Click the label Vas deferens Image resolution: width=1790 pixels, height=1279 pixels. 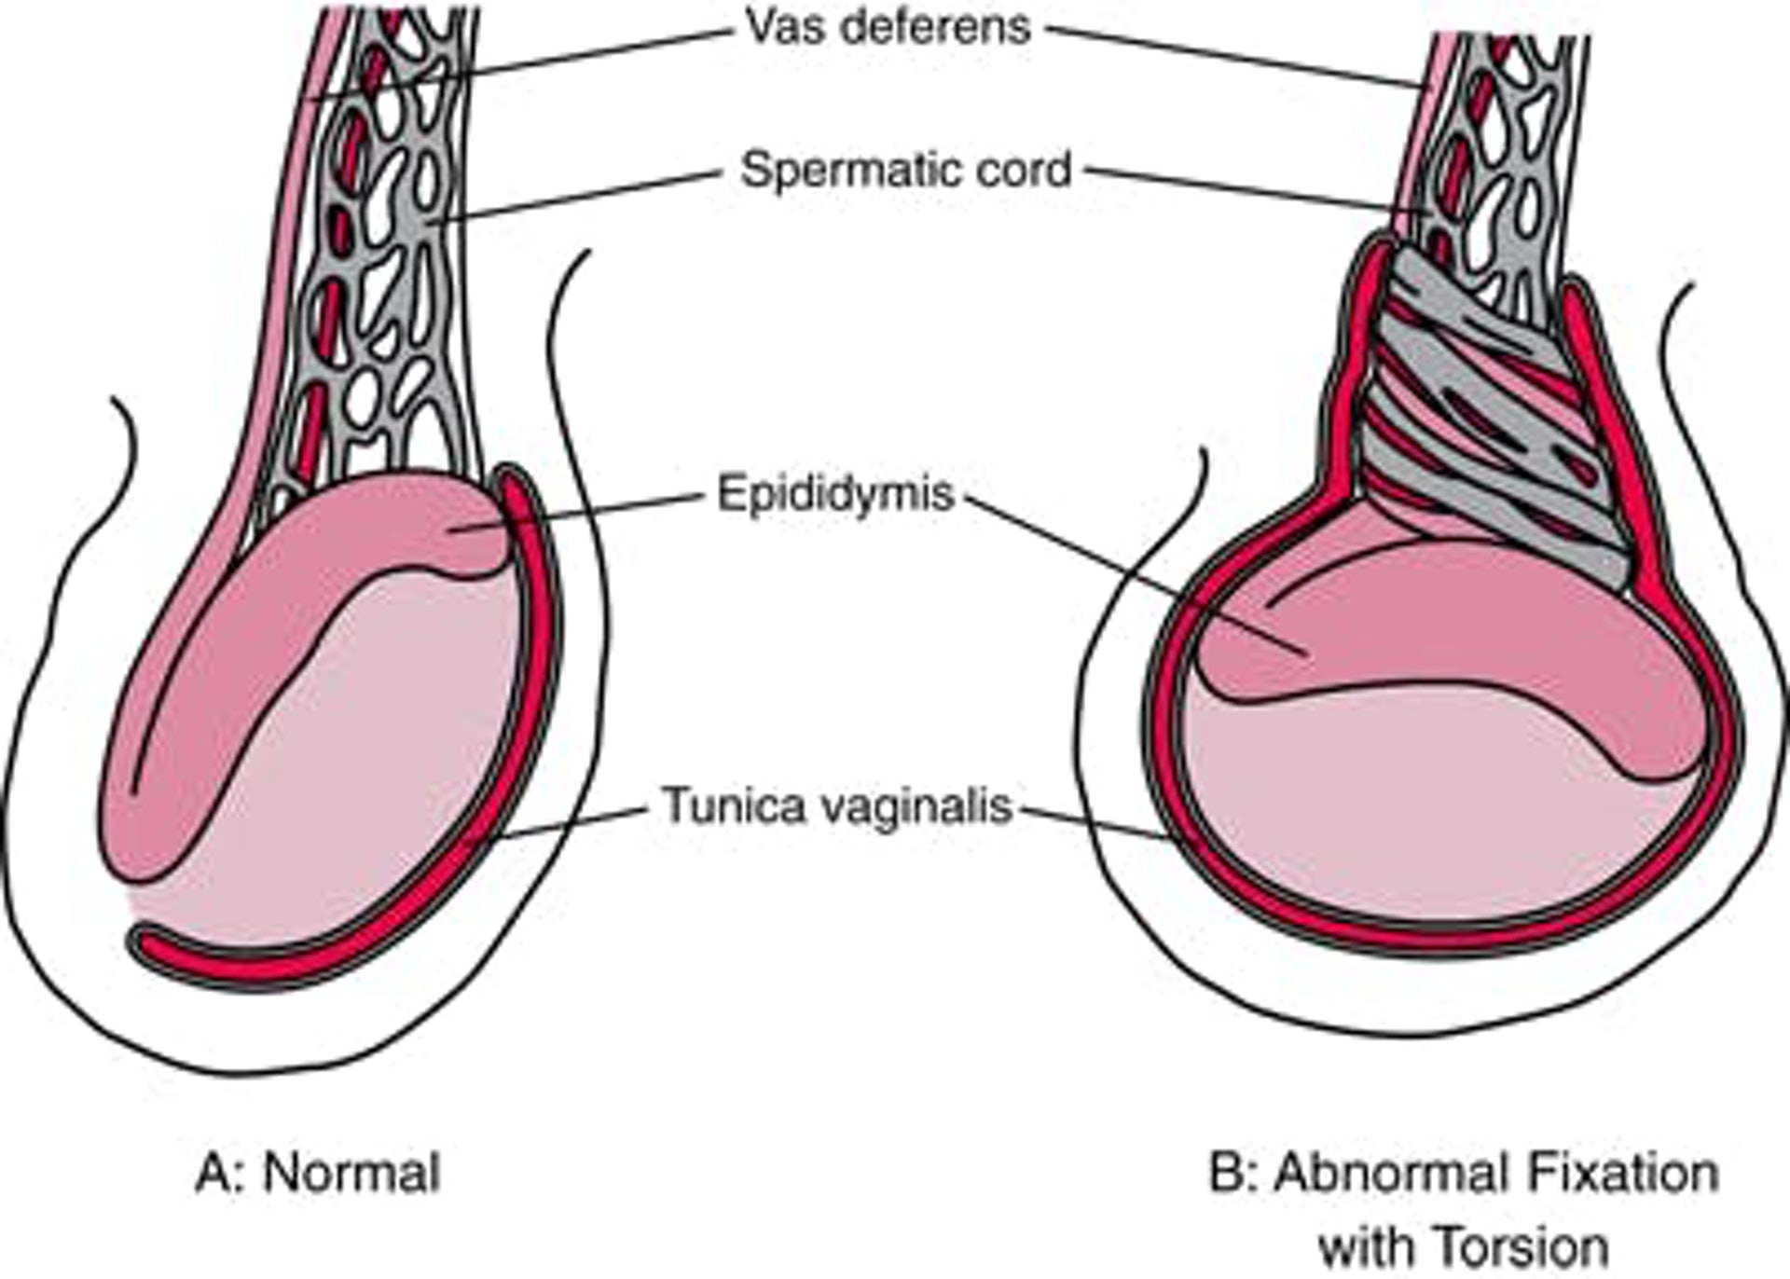[888, 28]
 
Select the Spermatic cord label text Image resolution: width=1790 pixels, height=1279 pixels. [905, 171]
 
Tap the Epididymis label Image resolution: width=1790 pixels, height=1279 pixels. [835, 494]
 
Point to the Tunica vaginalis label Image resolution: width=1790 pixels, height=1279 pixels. [837, 805]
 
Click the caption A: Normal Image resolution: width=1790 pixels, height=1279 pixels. [318, 1173]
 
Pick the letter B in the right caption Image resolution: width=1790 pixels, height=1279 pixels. [1223, 1173]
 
